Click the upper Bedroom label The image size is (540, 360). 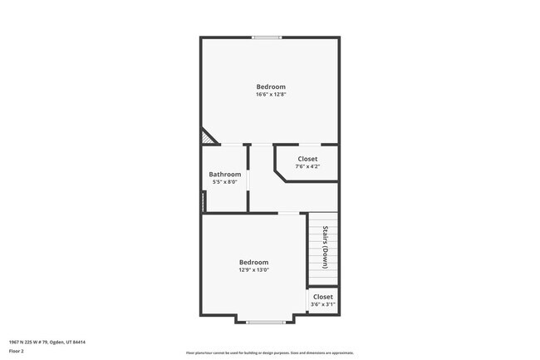[271, 87]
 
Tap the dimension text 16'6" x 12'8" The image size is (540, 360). [271, 95]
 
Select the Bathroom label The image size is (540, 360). [224, 175]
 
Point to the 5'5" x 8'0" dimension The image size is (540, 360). [224, 182]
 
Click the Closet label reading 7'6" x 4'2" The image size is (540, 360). [307, 159]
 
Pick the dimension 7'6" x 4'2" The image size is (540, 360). [307, 166]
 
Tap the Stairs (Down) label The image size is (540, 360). [326, 247]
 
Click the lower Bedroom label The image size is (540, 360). [254, 262]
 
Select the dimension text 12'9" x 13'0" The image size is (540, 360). [254, 269]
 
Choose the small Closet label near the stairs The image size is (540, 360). [322, 297]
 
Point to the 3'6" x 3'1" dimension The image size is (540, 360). [322, 304]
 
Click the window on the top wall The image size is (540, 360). [267, 37]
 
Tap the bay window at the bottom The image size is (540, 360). [266, 322]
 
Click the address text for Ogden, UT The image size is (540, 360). [47, 342]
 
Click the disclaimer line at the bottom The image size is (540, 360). [269, 353]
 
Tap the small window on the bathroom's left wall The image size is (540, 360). [202, 201]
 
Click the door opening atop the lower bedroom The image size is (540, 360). [288, 214]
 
